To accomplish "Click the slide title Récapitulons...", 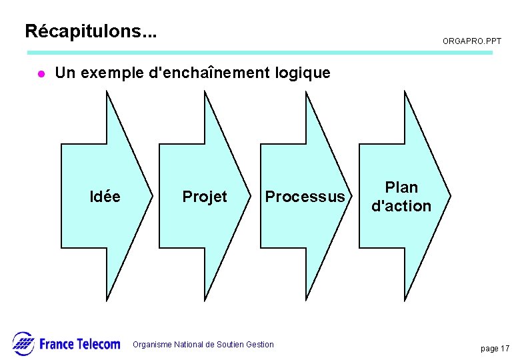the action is [91, 31].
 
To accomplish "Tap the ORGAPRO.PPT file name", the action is [472, 41].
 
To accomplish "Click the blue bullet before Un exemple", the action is [40, 74].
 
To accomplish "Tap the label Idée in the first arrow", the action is [105, 197].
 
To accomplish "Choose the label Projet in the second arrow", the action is [205, 197].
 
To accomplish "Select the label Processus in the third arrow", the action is [305, 197].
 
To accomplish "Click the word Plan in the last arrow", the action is [401, 187].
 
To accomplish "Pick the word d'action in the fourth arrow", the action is [401, 206].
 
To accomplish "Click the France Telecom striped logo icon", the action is [23, 343].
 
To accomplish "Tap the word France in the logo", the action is [57, 344].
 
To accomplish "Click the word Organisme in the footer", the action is [153, 345].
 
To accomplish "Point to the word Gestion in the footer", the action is [260, 345].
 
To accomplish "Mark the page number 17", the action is [505, 349].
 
